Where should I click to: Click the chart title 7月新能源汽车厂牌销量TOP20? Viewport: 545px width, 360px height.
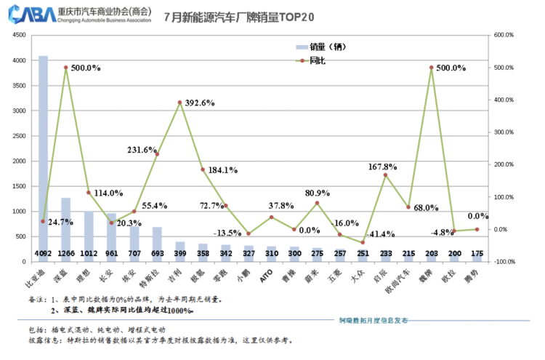coord(230,16)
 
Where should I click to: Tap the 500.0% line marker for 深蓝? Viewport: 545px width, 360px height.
coord(66,68)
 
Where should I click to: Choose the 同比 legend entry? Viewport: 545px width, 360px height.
coord(317,60)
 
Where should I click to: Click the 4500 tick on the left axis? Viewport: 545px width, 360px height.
coord(20,35)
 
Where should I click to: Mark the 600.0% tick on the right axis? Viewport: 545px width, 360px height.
coord(504,35)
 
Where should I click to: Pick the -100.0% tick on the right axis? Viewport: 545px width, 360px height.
coord(504,262)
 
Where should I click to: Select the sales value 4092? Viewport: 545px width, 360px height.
coord(43,253)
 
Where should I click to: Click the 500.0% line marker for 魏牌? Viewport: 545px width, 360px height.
coord(431,68)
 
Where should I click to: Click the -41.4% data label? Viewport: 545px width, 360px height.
coord(379,234)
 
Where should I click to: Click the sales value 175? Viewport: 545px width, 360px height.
coord(477,253)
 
